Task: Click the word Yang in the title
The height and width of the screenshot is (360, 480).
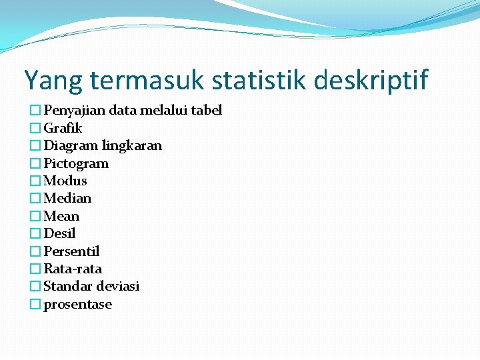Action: (x=53, y=81)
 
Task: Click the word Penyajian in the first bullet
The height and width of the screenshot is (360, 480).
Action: (x=74, y=110)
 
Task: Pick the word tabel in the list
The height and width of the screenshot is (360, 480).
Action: (x=206, y=110)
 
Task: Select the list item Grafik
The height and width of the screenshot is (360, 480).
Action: (x=63, y=128)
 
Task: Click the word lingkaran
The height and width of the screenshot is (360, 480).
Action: (x=131, y=145)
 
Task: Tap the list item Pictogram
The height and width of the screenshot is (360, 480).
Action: (x=76, y=163)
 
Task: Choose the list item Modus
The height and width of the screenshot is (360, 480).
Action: (x=65, y=181)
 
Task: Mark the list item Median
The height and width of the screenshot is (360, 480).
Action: (x=67, y=198)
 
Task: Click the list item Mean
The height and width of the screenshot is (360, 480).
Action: (x=61, y=216)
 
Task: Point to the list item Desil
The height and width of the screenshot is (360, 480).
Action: (x=59, y=233)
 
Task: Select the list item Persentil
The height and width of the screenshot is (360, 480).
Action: (x=71, y=251)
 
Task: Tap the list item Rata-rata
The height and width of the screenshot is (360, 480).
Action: (x=73, y=269)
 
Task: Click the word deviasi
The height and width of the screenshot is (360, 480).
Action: (x=118, y=286)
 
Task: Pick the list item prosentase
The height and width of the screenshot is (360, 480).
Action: (x=77, y=305)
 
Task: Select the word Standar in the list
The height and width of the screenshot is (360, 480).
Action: (x=68, y=286)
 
